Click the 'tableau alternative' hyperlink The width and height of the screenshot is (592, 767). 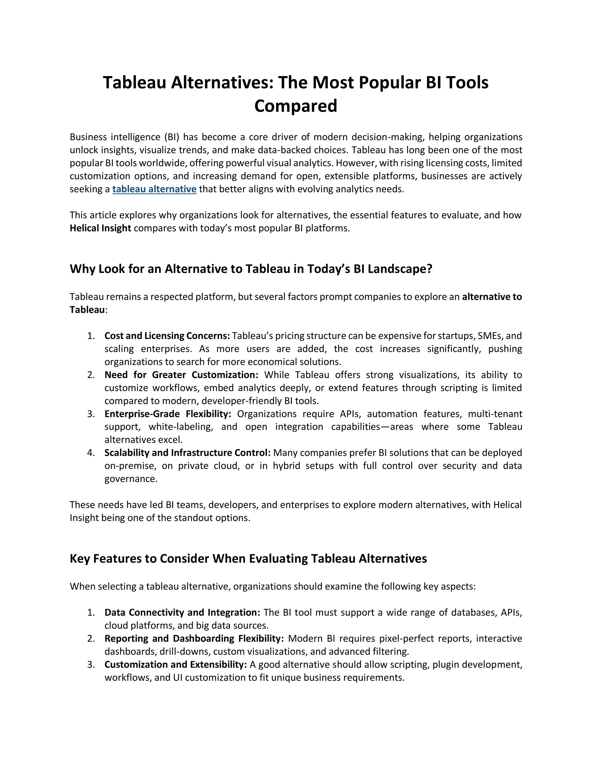click(x=154, y=189)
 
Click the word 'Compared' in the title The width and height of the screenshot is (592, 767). click(x=296, y=106)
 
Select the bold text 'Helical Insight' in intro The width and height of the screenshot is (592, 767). click(x=100, y=228)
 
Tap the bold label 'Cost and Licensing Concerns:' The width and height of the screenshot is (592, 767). click(x=167, y=336)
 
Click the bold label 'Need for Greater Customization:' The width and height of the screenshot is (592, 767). click(x=181, y=375)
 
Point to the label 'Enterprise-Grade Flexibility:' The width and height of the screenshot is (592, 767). click(x=168, y=414)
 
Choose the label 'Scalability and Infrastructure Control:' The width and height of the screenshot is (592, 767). click(x=187, y=453)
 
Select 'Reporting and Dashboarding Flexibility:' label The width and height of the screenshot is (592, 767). click(x=194, y=638)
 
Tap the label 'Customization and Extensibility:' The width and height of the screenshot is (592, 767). click(x=175, y=665)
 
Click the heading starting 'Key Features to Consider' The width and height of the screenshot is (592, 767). click(x=248, y=559)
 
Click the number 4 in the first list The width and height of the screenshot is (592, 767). click(x=91, y=453)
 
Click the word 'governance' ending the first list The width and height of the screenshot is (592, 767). click(x=130, y=479)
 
